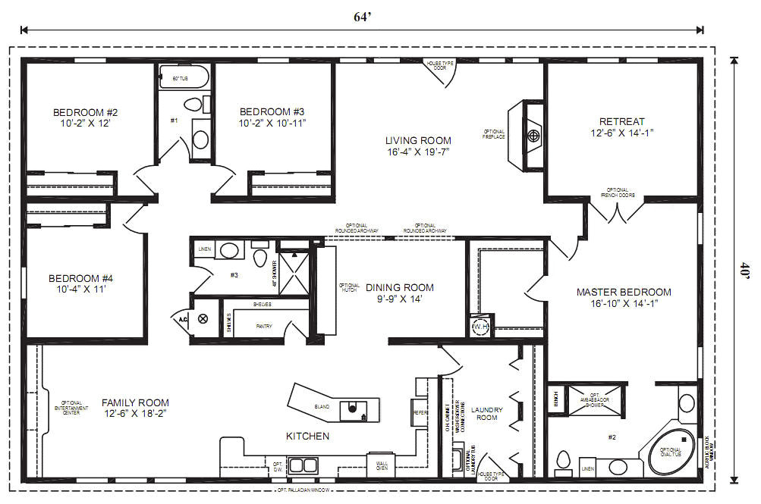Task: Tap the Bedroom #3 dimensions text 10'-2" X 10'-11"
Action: click(x=272, y=123)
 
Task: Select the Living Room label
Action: click(x=417, y=140)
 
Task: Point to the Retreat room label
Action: click(x=621, y=121)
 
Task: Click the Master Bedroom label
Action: click(x=624, y=292)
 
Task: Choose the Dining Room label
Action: click(x=400, y=287)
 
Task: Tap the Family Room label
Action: click(x=135, y=402)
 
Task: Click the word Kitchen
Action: click(x=307, y=436)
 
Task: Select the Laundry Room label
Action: click(x=486, y=412)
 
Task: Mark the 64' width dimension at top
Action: click(x=362, y=15)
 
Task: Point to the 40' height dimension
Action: click(x=746, y=271)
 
